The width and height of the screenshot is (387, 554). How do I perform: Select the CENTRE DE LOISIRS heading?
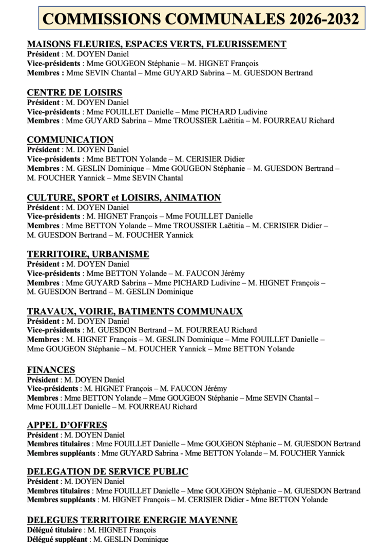point(74,93)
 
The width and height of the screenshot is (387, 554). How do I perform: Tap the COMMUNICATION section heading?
point(70,140)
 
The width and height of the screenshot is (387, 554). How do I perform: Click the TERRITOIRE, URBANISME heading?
point(88,254)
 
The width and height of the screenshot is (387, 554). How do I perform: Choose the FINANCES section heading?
point(51,370)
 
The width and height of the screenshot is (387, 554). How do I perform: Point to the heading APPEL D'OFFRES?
point(67,425)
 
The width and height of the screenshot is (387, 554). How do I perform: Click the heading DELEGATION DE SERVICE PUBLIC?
point(107,472)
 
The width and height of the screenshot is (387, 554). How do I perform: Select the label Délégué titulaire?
point(55,530)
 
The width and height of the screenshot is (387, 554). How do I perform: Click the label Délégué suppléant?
point(57,539)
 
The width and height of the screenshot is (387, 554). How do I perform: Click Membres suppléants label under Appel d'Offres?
point(61,453)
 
